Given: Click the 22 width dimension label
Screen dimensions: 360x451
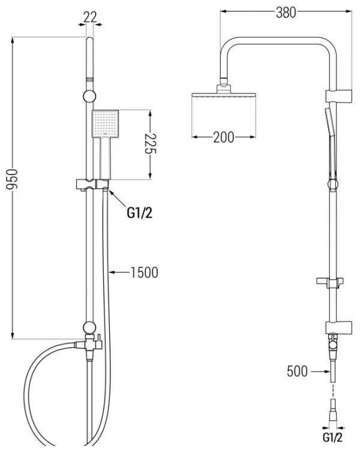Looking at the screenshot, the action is tap(90, 17).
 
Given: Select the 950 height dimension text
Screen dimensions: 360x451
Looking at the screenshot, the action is tap(12, 179).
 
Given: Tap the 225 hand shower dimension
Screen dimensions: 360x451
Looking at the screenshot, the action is tap(149, 144).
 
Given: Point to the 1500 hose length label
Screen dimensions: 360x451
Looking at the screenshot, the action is tap(144, 272).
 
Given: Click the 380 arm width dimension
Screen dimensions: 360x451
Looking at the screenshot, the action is tap(286, 13).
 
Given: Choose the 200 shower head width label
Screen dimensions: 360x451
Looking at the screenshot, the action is tap(224, 137).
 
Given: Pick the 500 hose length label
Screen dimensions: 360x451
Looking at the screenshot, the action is tap(297, 371).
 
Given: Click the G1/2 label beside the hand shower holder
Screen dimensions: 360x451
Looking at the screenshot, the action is tap(140, 213).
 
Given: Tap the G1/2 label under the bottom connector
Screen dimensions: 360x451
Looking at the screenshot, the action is tap(332, 437).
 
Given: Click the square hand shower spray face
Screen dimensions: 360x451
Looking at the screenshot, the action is tap(105, 124).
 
